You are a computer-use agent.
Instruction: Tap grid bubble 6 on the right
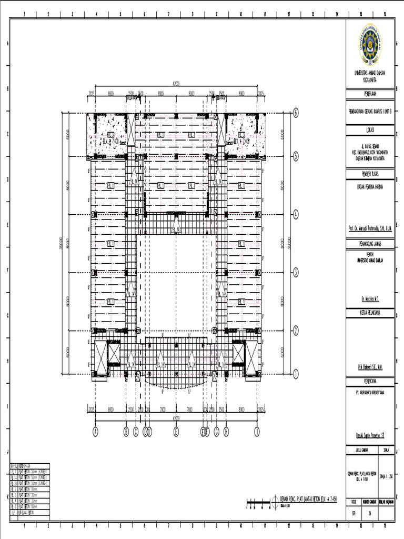296,113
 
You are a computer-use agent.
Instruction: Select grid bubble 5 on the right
296,156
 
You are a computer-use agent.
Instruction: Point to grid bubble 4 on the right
296,214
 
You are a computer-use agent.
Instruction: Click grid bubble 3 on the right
296,273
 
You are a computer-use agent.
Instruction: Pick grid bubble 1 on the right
296,374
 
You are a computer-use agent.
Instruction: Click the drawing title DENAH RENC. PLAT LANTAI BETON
307,497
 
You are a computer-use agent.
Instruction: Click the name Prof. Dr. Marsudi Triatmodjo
370,229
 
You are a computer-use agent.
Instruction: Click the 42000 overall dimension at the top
176,83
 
